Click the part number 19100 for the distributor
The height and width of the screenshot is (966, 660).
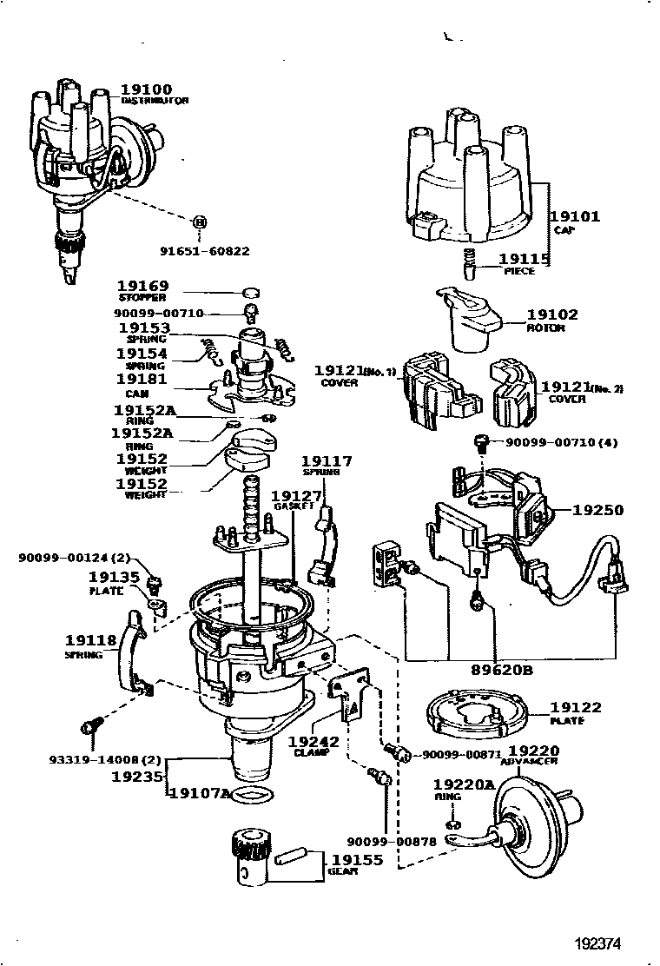click(x=146, y=89)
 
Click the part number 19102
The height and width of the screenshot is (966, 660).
click(x=551, y=314)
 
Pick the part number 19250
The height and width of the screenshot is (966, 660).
click(x=597, y=510)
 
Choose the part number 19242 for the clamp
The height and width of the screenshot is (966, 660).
click(x=313, y=742)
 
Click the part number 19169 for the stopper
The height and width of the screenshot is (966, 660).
click(x=143, y=286)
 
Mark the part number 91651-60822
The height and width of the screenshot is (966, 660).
click(x=204, y=251)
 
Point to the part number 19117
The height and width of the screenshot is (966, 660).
click(x=327, y=461)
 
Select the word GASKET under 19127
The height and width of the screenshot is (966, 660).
click(x=287, y=506)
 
